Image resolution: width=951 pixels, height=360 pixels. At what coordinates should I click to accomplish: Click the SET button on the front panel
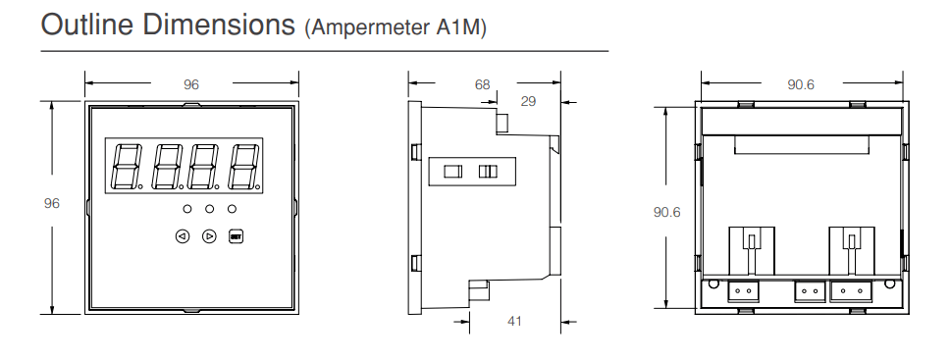[236, 236]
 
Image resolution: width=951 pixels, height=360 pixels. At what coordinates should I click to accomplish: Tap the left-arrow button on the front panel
[183, 236]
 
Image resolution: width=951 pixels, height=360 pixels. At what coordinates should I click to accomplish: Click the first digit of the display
[127, 166]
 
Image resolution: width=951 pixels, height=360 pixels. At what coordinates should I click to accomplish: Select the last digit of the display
[243, 166]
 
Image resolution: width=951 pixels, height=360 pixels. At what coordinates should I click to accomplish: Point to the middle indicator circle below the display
[210, 209]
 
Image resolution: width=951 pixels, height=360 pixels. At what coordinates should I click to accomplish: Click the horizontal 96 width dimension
[191, 84]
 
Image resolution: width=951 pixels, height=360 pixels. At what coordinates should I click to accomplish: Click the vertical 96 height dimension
[52, 204]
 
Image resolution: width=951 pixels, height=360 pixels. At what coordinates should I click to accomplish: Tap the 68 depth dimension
[482, 84]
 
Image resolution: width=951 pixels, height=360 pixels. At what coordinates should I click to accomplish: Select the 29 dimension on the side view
[528, 101]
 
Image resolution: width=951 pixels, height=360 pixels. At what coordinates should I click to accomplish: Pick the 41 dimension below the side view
[514, 321]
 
